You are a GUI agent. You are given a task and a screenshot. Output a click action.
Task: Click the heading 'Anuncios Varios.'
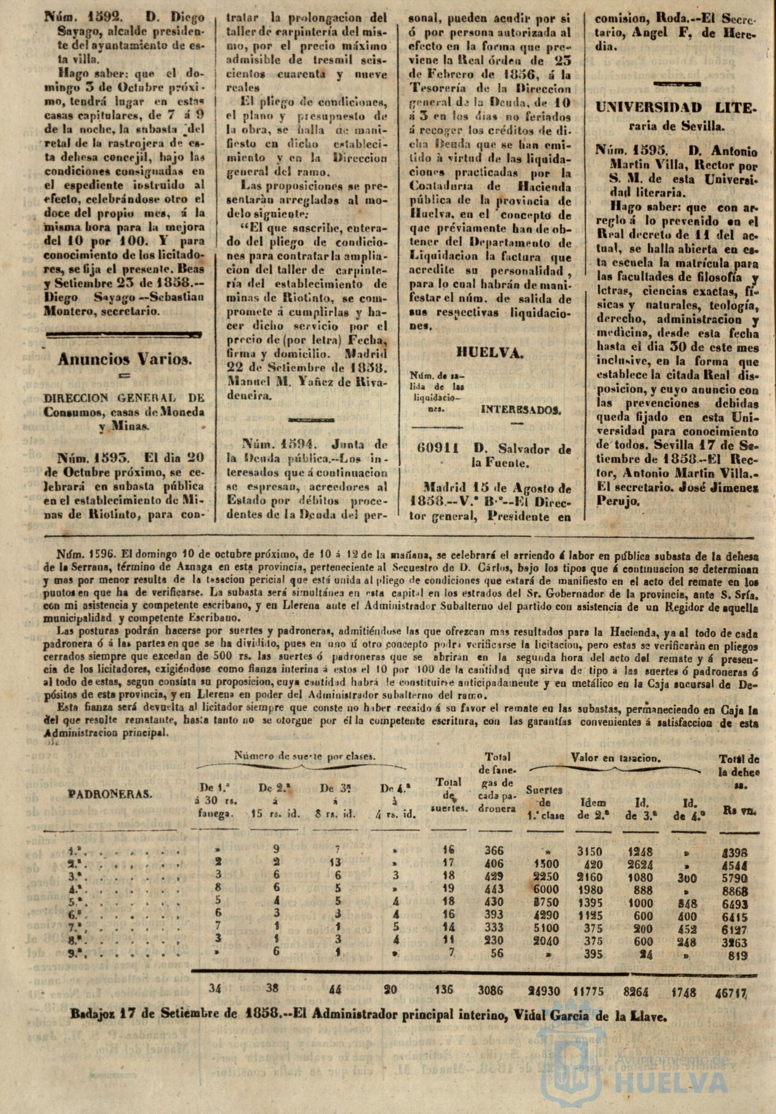pyautogui.click(x=124, y=359)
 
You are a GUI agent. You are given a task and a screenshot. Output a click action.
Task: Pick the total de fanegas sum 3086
pyautogui.click(x=498, y=990)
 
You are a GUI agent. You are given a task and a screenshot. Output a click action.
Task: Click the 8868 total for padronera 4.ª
pyautogui.click(x=732, y=891)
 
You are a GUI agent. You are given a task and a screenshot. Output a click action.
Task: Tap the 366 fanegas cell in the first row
pyautogui.click(x=494, y=851)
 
